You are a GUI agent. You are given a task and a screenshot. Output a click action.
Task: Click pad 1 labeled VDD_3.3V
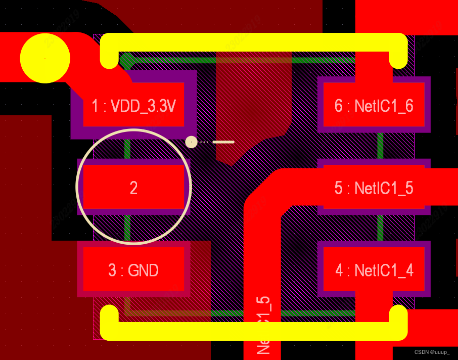point(133,105)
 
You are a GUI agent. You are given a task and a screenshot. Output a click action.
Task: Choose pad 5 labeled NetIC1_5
point(374,187)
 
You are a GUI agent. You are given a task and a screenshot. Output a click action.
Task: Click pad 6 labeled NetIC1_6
point(374,105)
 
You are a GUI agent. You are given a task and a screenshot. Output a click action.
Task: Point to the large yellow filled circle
point(45,58)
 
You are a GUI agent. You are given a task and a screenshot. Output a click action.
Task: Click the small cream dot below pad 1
point(191,142)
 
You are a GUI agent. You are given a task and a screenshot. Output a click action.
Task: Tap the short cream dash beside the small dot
point(223,142)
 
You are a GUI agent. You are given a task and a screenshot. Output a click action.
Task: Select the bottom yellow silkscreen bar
point(253,331)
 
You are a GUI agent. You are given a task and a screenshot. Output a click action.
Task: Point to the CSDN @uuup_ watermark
point(432,352)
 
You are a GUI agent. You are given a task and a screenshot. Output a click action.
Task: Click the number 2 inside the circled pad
point(133,188)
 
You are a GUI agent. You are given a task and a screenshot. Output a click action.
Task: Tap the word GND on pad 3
point(144,271)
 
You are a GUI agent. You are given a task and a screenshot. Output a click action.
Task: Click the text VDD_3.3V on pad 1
point(143,106)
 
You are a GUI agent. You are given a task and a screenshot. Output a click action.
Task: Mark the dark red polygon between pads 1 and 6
point(253,101)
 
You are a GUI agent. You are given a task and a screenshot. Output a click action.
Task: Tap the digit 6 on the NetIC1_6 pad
point(339,106)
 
